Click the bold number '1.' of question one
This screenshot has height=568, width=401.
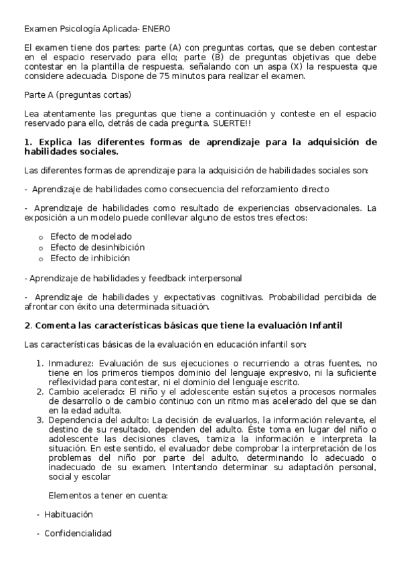coord(28,142)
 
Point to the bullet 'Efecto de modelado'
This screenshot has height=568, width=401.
coord(91,236)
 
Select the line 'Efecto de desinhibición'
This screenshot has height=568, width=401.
coord(97,247)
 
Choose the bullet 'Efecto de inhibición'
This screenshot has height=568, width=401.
coord(90,258)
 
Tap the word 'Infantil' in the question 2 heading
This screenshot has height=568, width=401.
coord(325,326)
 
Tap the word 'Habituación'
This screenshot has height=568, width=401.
coord(68,514)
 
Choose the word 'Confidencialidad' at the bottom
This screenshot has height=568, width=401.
coord(78,533)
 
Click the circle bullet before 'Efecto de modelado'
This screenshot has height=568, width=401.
coord(41,237)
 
